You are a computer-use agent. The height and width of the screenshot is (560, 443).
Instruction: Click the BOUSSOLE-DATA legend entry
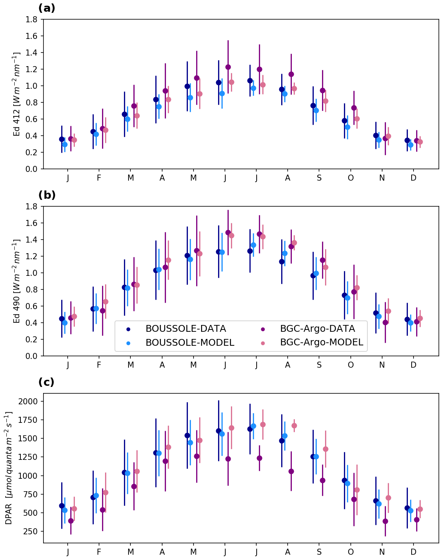[x=186, y=329]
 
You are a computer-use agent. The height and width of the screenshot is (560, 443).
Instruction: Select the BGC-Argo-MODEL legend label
[x=321, y=342]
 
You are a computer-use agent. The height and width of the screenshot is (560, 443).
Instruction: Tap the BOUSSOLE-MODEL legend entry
[x=190, y=342]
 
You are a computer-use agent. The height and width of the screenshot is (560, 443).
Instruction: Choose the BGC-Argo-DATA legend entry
[x=317, y=329]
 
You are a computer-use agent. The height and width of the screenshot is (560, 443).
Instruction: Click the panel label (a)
[x=47, y=8]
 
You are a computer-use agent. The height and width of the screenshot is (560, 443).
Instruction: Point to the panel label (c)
[x=46, y=382]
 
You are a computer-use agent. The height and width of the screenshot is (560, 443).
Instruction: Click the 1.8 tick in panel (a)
[x=33, y=19]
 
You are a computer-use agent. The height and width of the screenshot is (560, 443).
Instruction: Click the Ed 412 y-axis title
[x=17, y=94]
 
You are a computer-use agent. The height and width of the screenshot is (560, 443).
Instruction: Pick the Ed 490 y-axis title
[x=17, y=281]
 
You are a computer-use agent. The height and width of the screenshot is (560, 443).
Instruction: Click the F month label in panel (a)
[x=99, y=178]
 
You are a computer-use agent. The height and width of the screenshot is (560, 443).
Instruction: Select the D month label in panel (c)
[x=414, y=552]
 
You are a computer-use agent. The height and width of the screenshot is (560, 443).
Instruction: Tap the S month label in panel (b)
[x=319, y=365]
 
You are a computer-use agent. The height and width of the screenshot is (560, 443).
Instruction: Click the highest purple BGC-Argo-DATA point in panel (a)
[x=228, y=67]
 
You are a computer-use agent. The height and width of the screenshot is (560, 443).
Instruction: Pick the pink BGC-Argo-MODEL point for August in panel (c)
[x=294, y=425]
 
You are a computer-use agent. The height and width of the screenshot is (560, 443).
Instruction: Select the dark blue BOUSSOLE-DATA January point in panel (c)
[x=62, y=506]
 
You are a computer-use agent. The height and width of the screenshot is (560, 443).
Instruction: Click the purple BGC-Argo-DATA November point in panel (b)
[x=385, y=322]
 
